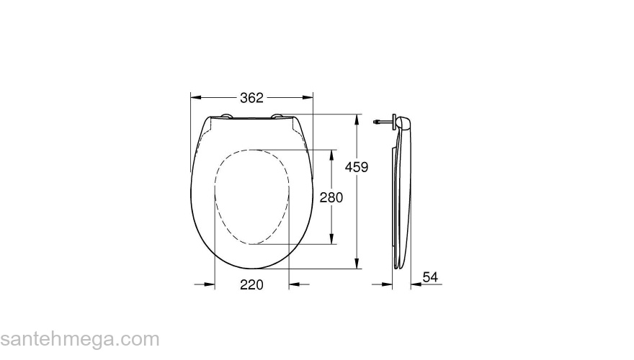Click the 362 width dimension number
click(251, 97)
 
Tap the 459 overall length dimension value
click(357, 167)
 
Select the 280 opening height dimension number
click(331, 197)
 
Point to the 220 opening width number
click(251, 285)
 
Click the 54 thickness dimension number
click(430, 277)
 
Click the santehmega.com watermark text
click(79, 339)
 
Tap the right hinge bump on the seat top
click(278, 116)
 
